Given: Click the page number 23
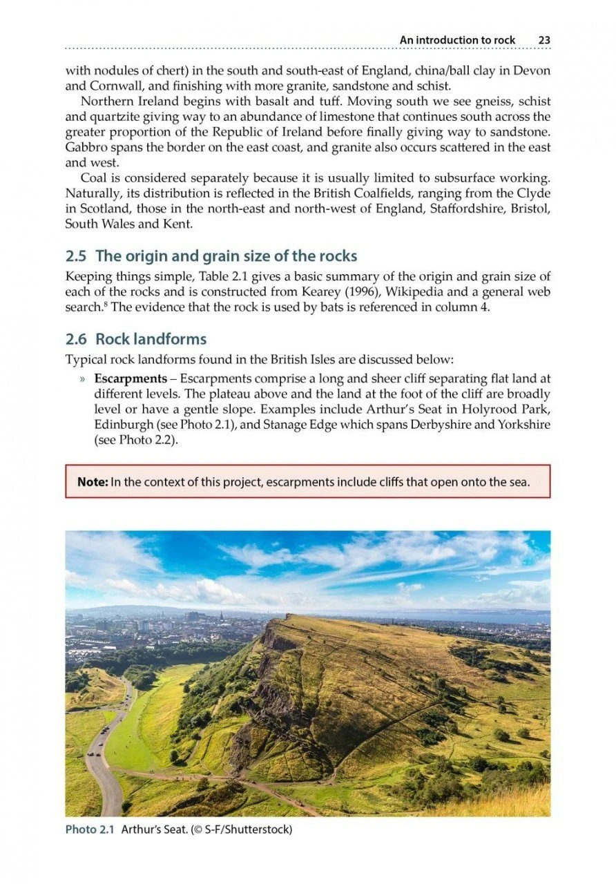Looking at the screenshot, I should click(544, 40).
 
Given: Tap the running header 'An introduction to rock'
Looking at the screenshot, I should click(457, 40).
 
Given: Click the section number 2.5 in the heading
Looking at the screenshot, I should click(77, 256).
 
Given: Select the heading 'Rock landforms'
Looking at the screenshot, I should click(151, 339).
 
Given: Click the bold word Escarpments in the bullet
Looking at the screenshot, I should click(131, 379).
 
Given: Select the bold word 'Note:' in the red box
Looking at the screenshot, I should click(92, 482).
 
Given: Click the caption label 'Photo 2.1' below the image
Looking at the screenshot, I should click(90, 829).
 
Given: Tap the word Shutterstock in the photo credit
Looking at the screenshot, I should click(256, 829).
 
